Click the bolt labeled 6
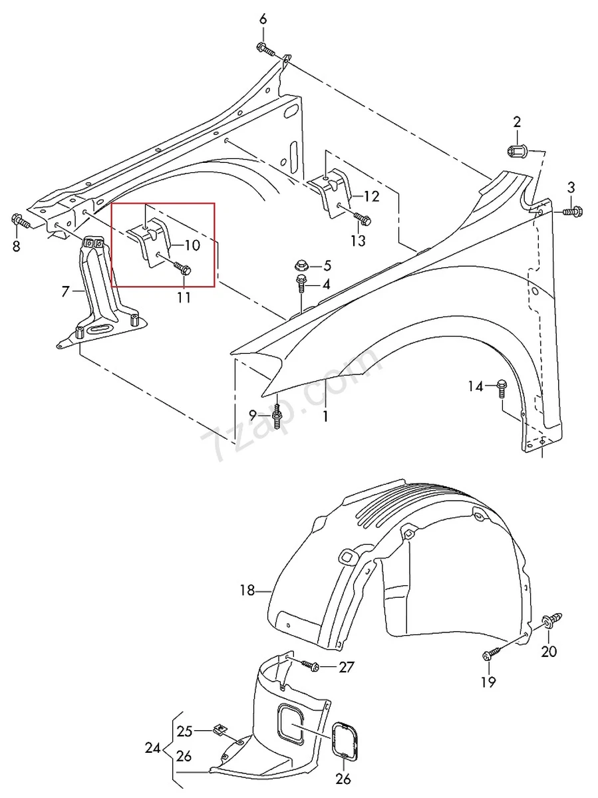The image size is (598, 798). pyautogui.click(x=265, y=49)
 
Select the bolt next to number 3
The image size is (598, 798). pyautogui.click(x=573, y=211)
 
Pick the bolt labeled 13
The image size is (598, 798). pyautogui.click(x=362, y=218)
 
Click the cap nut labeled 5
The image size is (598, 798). pyautogui.click(x=301, y=265)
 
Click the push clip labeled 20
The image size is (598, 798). pyautogui.click(x=551, y=622)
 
